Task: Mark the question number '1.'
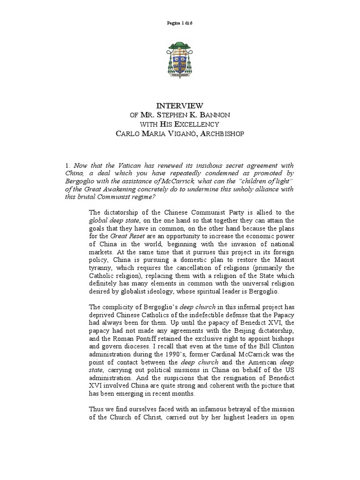[68, 165]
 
